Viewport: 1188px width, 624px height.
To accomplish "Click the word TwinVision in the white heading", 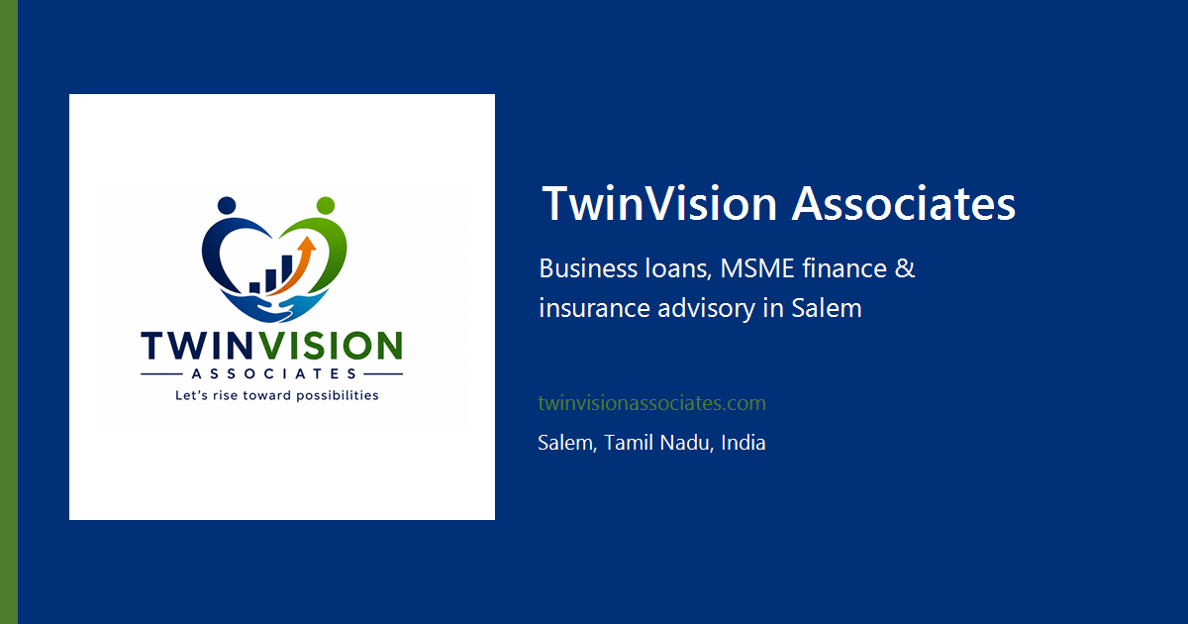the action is click(x=659, y=203).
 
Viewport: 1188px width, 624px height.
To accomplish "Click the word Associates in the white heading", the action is click(x=903, y=203).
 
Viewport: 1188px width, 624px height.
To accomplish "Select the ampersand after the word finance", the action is click(x=905, y=268).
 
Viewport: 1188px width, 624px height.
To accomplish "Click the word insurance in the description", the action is click(x=594, y=308).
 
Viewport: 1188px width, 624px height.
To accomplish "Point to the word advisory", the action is click(x=706, y=309).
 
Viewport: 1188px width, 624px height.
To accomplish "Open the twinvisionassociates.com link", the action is click(x=651, y=403).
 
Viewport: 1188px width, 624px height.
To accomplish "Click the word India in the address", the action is click(x=743, y=443).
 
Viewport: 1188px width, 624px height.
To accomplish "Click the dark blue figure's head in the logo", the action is click(x=227, y=205).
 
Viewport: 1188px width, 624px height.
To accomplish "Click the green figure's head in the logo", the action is click(x=325, y=205).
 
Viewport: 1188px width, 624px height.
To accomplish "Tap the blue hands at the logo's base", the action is click(x=274, y=306).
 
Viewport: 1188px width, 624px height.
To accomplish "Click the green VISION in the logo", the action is click(x=330, y=346).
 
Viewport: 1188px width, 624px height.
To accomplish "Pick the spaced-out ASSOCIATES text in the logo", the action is click(x=273, y=374).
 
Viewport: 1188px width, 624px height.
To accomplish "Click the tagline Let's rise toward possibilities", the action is click(x=277, y=396).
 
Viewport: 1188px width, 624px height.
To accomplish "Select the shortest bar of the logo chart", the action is click(x=254, y=287).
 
